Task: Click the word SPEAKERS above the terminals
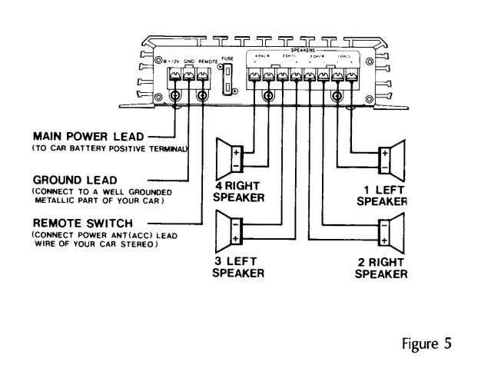304,50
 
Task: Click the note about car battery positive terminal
110,148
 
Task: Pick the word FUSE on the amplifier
227,58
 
